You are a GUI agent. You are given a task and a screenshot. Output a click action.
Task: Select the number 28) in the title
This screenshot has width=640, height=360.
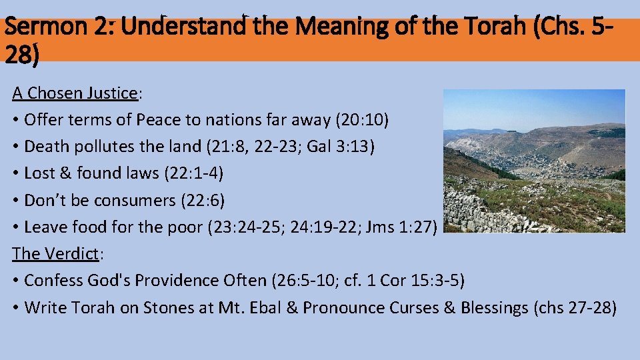coord(21,55)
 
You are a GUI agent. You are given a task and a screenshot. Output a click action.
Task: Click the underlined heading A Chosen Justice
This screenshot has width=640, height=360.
coord(75,93)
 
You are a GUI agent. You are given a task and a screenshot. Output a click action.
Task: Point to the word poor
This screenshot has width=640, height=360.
coord(183,227)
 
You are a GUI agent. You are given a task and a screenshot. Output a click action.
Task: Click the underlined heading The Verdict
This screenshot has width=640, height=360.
coord(55,254)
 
